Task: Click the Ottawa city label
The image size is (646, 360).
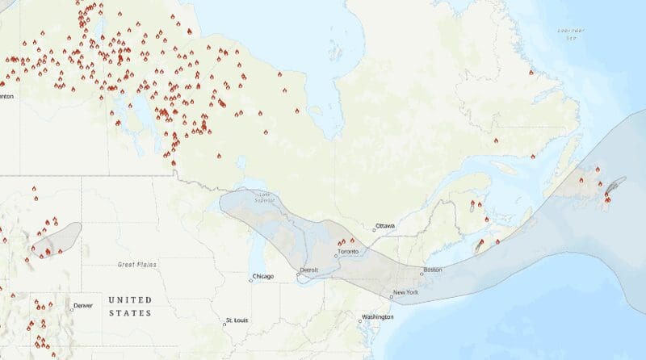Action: tap(384, 225)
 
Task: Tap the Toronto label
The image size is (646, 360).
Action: tap(349, 251)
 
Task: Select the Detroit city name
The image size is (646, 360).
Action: tap(308, 269)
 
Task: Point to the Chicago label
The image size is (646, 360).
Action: tap(263, 276)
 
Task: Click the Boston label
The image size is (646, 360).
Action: tap(433, 269)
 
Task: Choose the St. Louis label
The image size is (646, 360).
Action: tap(237, 320)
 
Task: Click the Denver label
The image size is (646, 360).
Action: tap(83, 305)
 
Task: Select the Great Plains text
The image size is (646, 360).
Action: tap(135, 264)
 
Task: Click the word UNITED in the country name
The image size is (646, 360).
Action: tap(130, 299)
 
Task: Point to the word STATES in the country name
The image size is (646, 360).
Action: tap(130, 312)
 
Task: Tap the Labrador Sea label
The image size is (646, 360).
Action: tap(571, 34)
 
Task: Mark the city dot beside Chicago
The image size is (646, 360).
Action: tap(250, 280)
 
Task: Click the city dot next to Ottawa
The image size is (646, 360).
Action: tap(374, 229)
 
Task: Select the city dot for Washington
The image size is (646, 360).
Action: tap(360, 320)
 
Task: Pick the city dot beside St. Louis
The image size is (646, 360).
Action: tap(224, 324)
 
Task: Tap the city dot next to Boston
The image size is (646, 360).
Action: tap(421, 273)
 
